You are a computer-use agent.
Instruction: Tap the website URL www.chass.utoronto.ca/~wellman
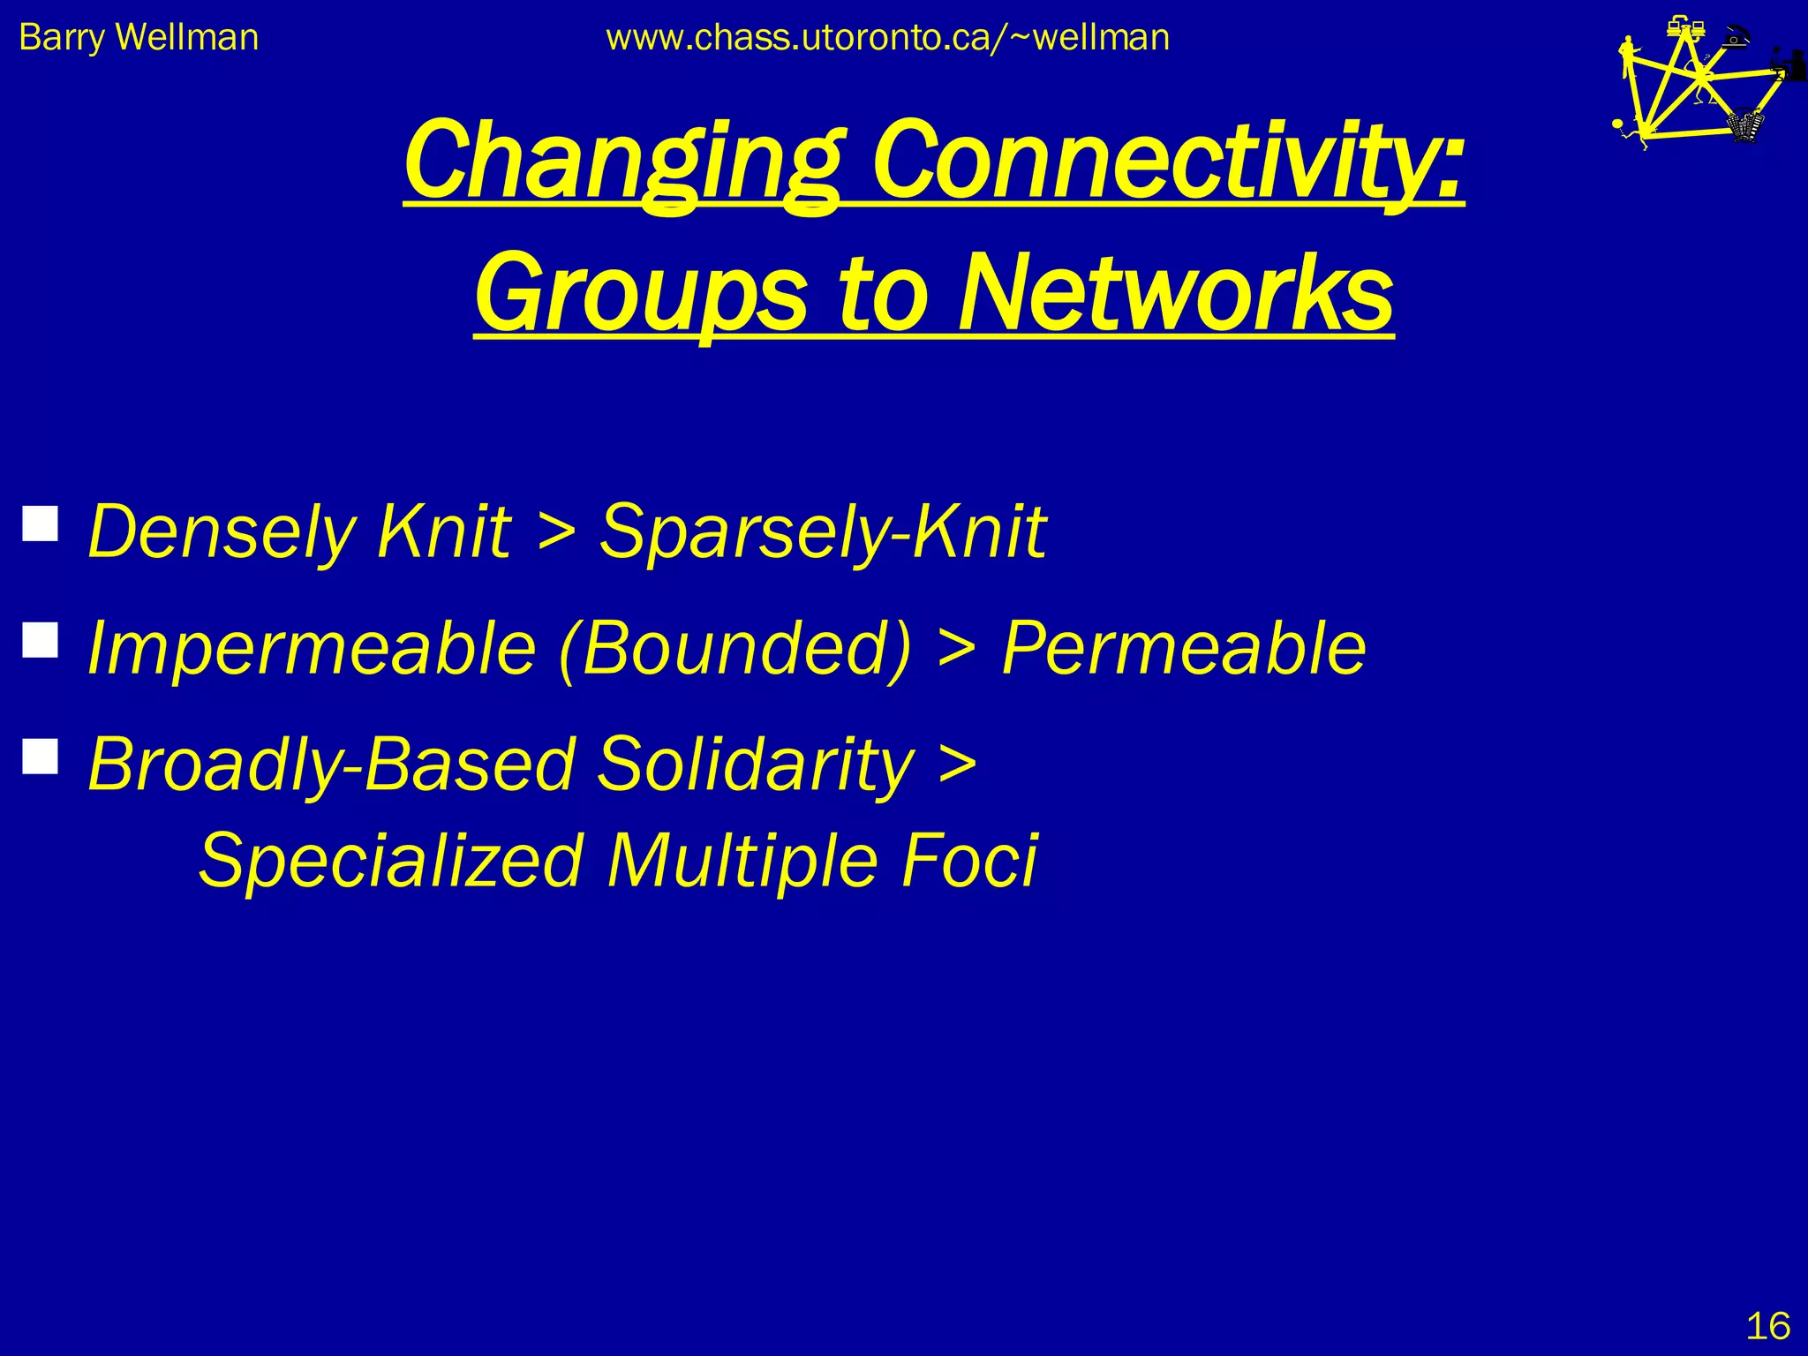pos(887,38)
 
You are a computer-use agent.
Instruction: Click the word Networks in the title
pos(1175,293)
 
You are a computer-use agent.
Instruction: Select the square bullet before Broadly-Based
pos(41,756)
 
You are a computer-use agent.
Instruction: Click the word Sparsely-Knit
pos(823,531)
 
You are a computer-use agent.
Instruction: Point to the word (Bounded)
pos(734,647)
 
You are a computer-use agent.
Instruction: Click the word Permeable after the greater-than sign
pos(1183,647)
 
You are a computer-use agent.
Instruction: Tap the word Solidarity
pos(756,763)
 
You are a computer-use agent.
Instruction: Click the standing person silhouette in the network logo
pos(1628,57)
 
